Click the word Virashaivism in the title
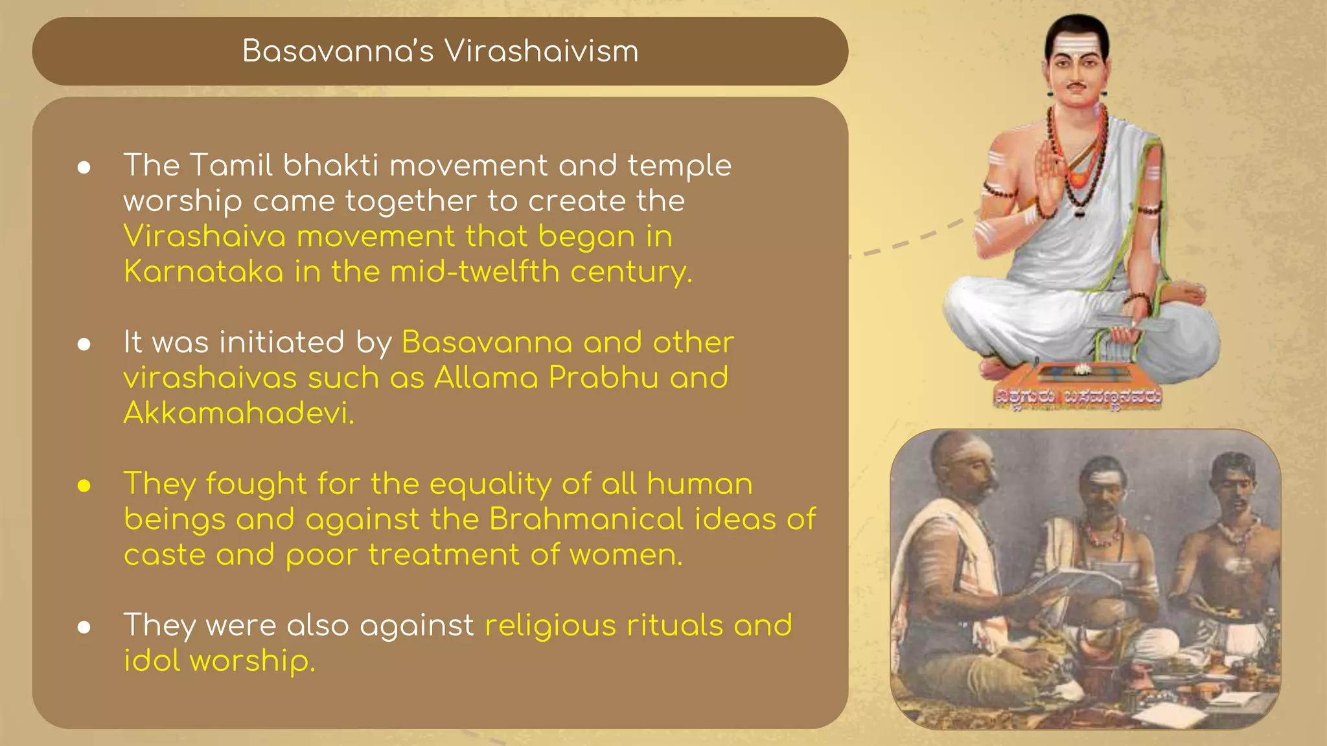click(x=541, y=51)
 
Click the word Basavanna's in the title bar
click(x=338, y=51)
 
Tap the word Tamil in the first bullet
click(x=231, y=165)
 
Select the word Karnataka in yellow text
click(x=203, y=271)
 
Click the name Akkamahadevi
click(x=238, y=413)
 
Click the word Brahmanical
click(x=586, y=519)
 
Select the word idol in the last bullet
click(x=152, y=661)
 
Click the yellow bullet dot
click(x=84, y=486)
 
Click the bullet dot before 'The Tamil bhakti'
click(x=84, y=168)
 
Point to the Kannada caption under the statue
click(x=1078, y=397)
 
